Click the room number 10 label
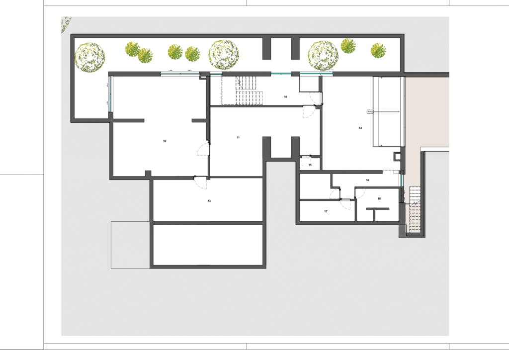pyautogui.click(x=285, y=97)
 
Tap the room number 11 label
pyautogui.click(x=238, y=138)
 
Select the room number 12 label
pyautogui.click(x=165, y=141)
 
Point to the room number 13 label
pyautogui.click(x=209, y=201)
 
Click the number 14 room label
pyautogui.click(x=360, y=128)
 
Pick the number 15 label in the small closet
pyautogui.click(x=310, y=165)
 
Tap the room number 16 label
pyautogui.click(x=367, y=180)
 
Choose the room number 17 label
pyautogui.click(x=326, y=212)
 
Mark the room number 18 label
pyautogui.click(x=379, y=199)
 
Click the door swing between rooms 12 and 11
pyautogui.click(x=203, y=149)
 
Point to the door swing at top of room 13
pyautogui.click(x=200, y=183)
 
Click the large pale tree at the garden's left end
pyautogui.click(x=90, y=58)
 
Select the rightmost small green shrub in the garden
pyautogui.click(x=378, y=51)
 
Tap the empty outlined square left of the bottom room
pyautogui.click(x=131, y=245)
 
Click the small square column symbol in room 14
pyautogui.click(x=397, y=157)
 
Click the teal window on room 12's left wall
pyautogui.click(x=110, y=93)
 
